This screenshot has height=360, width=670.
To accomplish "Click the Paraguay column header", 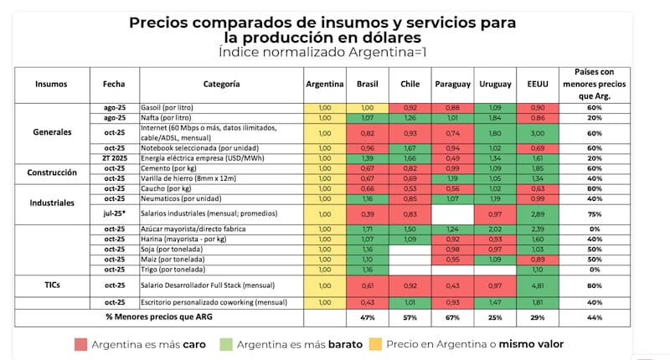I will tap(453, 84).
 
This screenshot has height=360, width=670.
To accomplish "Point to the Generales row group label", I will tap(52, 132).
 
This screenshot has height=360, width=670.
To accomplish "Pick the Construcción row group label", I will tap(52, 172).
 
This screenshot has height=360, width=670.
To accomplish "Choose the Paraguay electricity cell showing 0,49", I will tap(453, 157).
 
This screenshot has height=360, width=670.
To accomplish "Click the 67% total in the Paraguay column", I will tap(453, 318).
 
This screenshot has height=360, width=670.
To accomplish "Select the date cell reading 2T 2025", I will tap(114, 157).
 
